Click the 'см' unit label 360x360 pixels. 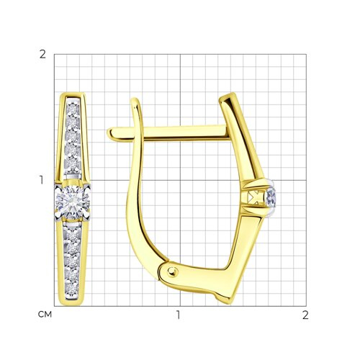click(x=45, y=315)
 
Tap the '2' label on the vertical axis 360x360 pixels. click(x=42, y=55)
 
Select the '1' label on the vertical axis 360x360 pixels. click(x=42, y=180)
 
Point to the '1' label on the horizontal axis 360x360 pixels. click(x=178, y=315)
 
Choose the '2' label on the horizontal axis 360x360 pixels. click(x=305, y=315)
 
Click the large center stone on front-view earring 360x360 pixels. click(x=72, y=202)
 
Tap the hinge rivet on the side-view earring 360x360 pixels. click(x=173, y=271)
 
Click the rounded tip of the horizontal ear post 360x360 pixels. click(x=109, y=134)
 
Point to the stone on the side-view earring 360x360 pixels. click(x=271, y=197)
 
